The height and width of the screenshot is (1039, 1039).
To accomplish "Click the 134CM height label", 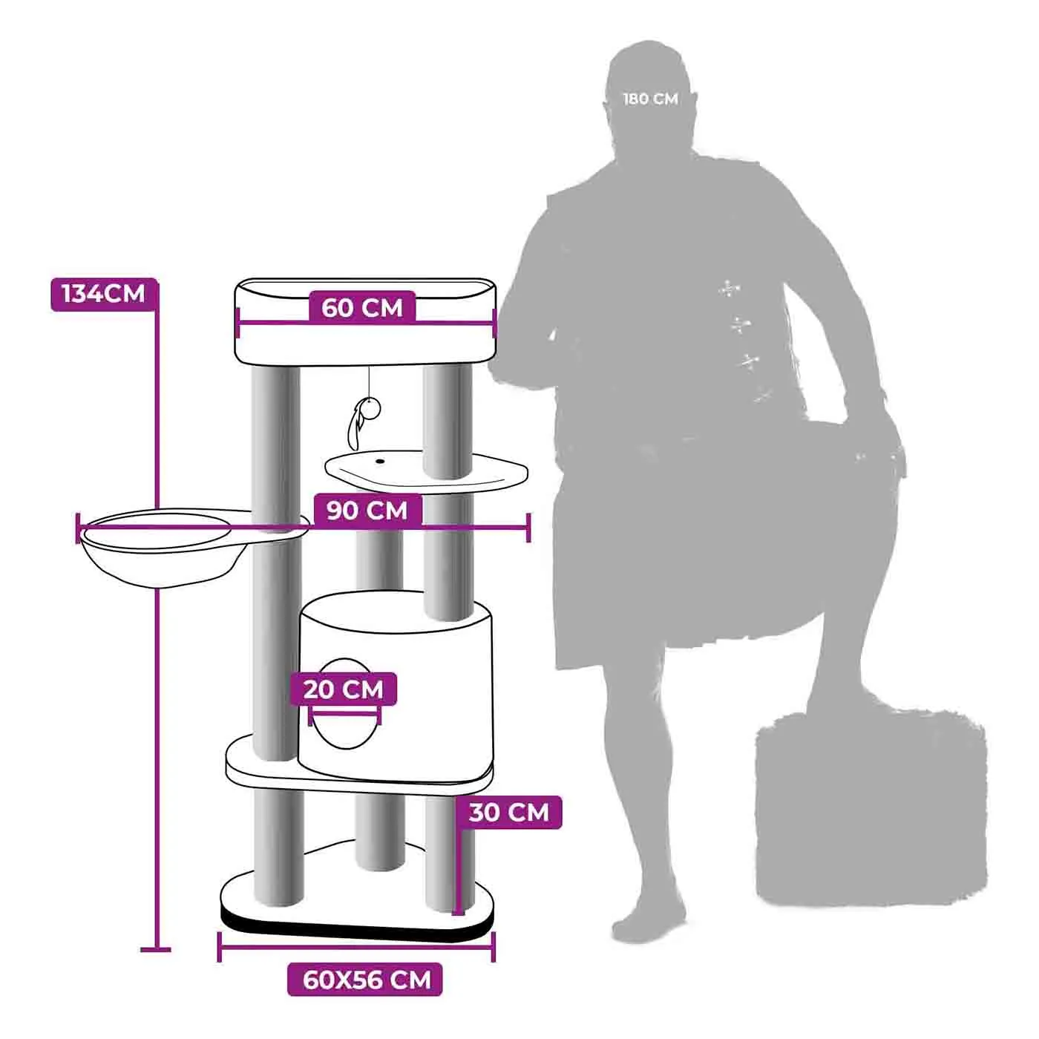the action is click(104, 295).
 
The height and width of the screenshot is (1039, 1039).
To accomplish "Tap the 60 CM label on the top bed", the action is click(361, 308).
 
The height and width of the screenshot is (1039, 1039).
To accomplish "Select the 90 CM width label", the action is click(367, 510).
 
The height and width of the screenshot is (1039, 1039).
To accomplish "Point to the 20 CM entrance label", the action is click(344, 689).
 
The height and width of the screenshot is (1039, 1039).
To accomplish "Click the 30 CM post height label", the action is click(508, 812).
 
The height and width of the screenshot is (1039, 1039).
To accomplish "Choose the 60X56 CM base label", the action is click(365, 979).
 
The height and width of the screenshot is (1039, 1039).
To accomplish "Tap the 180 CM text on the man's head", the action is click(651, 99).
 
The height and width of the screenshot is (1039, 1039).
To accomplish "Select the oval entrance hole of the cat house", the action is click(346, 704).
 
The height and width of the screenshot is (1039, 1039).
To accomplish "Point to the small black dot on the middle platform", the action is click(379, 462).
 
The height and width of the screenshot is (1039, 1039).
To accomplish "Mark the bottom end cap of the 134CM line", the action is click(155, 950).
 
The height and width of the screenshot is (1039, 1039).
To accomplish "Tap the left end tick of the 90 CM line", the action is click(78, 528).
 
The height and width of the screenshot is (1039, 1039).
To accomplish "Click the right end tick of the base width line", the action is click(494, 947).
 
